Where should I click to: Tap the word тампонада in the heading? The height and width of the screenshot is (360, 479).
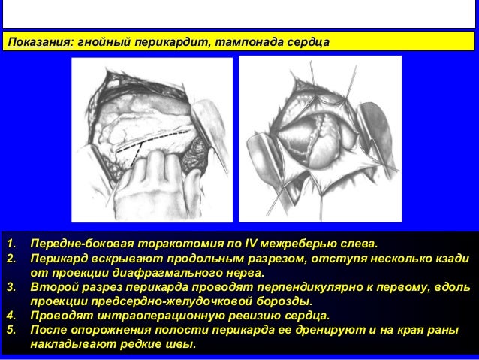(x=246, y=40)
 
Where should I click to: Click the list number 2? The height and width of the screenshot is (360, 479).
(x=11, y=259)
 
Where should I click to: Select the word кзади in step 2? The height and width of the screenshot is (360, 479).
(x=450, y=259)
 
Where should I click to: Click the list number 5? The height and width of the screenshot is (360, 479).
(x=11, y=330)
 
